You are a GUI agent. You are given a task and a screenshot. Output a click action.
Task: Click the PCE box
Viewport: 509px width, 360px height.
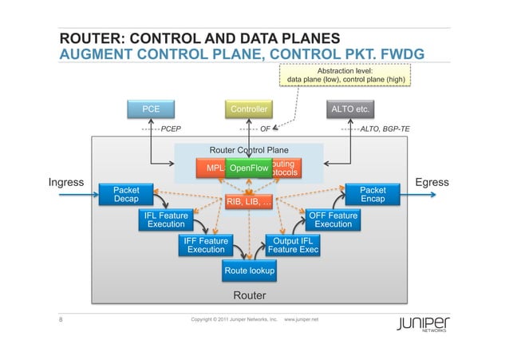[x=151, y=109]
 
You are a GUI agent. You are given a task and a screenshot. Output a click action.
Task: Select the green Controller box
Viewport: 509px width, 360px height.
[x=249, y=109]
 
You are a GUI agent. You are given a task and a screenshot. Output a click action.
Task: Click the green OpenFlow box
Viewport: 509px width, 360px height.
[x=249, y=168]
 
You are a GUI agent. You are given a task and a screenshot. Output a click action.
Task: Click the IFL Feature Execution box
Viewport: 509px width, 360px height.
[x=166, y=220]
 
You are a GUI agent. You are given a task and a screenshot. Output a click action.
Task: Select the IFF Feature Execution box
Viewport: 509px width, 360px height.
[x=206, y=245]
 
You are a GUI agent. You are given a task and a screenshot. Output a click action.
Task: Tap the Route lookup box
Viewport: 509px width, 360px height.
[x=250, y=271]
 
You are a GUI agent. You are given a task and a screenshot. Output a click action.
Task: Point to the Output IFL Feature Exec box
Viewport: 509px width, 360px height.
[x=292, y=245]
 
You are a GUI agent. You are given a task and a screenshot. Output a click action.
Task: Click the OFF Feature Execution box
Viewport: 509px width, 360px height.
[x=333, y=220]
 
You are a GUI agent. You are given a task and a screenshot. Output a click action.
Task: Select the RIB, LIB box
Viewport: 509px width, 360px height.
[x=249, y=202]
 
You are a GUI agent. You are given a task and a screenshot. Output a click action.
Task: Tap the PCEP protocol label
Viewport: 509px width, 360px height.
[x=172, y=128]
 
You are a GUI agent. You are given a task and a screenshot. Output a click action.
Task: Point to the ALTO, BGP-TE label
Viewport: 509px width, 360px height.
[x=385, y=128]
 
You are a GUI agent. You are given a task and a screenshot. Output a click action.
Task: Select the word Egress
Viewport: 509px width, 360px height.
[x=432, y=183]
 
